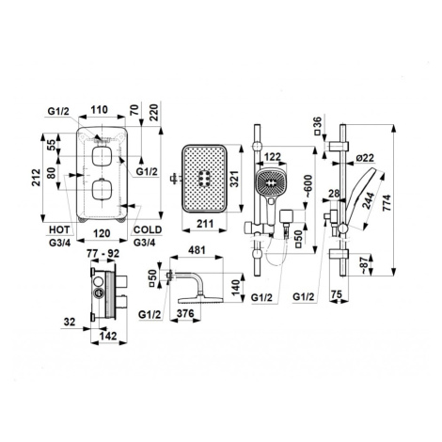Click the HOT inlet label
click(x=59, y=229)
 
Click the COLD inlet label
click(x=148, y=229)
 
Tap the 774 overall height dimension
click(x=387, y=202)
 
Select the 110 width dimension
click(x=100, y=110)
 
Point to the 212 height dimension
click(x=37, y=177)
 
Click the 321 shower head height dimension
click(x=235, y=179)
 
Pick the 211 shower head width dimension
click(x=205, y=224)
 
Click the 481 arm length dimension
click(x=197, y=250)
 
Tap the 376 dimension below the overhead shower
click(x=185, y=313)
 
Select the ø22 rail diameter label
click(x=365, y=158)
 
